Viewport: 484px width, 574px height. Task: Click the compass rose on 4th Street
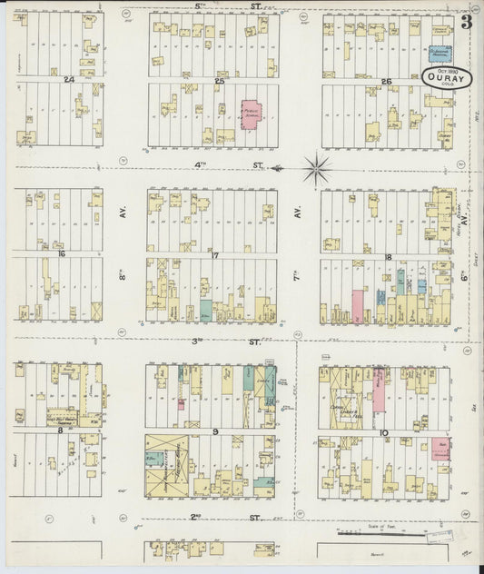pos(317,168)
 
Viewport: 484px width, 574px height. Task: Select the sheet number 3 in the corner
pos(465,24)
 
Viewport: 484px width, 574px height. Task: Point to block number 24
pos(69,80)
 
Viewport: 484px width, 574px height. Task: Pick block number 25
pos(219,81)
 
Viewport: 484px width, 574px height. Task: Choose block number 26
pos(386,82)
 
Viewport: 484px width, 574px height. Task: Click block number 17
pos(215,255)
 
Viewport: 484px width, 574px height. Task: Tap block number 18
pos(387,257)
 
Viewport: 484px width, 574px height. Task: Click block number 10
pos(383,433)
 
